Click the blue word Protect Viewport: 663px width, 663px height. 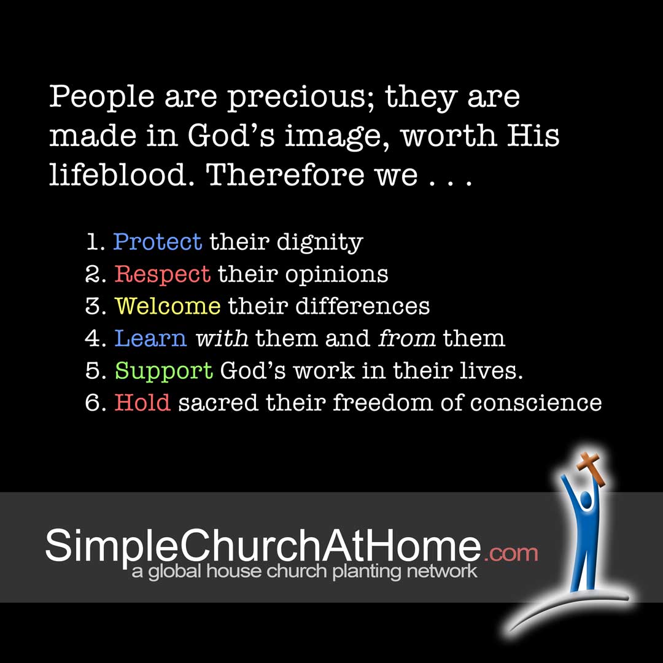point(157,242)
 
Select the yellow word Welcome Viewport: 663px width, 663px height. point(168,306)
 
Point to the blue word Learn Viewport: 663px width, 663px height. point(150,338)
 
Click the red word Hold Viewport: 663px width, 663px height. point(142,402)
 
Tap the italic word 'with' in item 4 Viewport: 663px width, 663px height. point(222,338)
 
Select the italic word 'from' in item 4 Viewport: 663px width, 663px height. point(406,338)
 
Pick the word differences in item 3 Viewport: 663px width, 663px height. point(362,306)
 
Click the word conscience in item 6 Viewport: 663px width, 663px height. point(536,403)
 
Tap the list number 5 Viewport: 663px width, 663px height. point(93,371)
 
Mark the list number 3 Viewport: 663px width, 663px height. point(93,306)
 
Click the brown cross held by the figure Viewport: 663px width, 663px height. point(591,468)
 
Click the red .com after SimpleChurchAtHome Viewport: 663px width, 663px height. point(511,554)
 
